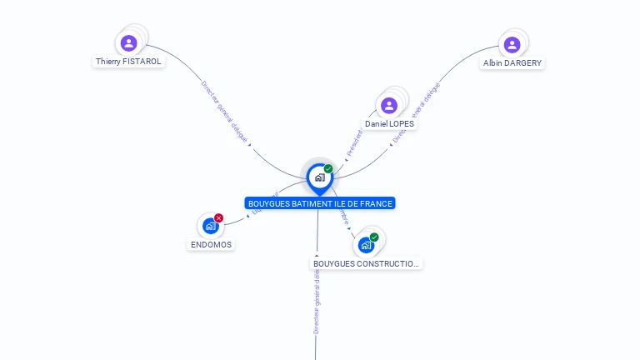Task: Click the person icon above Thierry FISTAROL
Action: tap(128, 43)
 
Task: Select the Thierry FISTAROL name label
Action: tap(128, 62)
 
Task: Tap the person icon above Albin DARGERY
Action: tap(512, 45)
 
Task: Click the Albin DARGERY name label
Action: tap(512, 63)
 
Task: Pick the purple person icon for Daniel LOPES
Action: tap(389, 106)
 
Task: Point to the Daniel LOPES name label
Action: tap(389, 124)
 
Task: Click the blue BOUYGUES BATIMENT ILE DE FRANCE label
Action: tap(319, 203)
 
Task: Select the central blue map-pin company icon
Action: tap(319, 177)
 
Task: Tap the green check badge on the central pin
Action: tap(328, 169)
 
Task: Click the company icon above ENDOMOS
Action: tap(210, 226)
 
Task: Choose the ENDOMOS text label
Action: tap(211, 245)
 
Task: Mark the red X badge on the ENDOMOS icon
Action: tap(219, 218)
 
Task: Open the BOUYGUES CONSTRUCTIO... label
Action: tap(367, 264)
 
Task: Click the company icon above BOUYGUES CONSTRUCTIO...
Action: tap(365, 245)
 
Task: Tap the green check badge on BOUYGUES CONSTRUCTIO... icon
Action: tap(374, 237)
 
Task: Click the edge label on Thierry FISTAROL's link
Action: tap(225, 112)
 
